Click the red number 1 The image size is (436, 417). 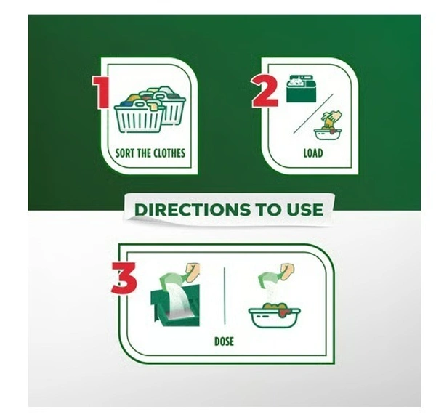100,92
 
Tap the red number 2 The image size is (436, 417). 265,91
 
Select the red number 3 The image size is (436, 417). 124,278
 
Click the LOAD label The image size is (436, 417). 313,153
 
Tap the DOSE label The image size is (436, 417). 224,341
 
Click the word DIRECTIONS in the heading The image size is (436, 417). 192,210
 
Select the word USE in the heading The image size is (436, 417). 305,210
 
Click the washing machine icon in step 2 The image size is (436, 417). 301,88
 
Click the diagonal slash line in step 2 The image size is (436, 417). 313,113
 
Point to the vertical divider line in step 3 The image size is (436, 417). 225,296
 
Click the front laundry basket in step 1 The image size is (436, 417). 139,117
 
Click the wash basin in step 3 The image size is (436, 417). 274,316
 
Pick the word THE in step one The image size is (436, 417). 145,153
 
